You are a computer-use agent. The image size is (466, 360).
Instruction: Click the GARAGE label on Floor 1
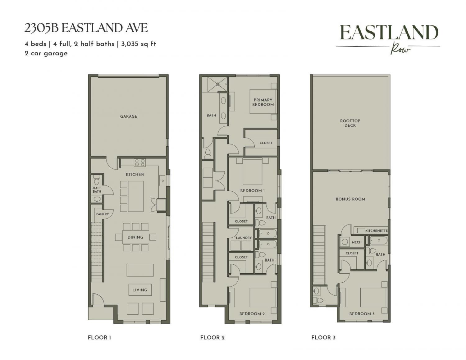tap(128, 116)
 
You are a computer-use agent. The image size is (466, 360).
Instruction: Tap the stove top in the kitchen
tap(139, 162)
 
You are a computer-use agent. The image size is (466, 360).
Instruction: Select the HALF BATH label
tap(97, 189)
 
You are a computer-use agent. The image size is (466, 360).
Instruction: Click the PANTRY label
tap(102, 214)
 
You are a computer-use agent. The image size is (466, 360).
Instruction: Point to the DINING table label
tap(135, 237)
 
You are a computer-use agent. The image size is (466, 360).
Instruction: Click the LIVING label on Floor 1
tap(140, 290)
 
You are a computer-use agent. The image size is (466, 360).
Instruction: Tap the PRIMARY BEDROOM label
tap(263, 102)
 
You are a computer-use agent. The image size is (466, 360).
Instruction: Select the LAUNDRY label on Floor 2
tap(244, 238)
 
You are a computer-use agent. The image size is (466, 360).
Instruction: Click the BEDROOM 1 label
tap(252, 191)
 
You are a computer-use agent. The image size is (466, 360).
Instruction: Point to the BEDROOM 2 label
tap(252, 314)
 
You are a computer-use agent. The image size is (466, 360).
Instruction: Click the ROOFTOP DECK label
tap(350, 123)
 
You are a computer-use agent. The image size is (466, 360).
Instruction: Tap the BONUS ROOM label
tap(350, 199)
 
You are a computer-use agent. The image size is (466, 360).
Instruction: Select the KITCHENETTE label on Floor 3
tap(377, 231)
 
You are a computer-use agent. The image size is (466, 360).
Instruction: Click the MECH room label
tap(357, 242)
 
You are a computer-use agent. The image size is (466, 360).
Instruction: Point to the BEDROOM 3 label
tap(362, 314)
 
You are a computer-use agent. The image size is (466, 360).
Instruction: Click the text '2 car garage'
tap(46, 53)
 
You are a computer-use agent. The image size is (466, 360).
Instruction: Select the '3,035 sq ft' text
tap(139, 44)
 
